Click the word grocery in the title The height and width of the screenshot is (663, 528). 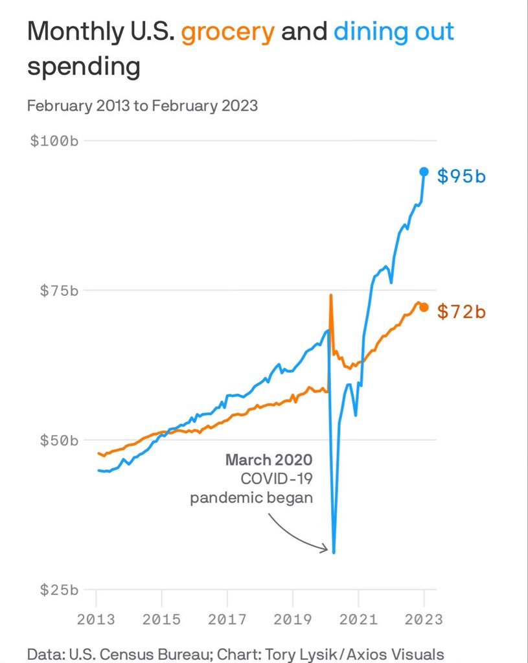coord(228,32)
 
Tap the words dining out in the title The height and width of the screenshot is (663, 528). coord(394,31)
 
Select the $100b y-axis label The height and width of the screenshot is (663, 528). coord(54,140)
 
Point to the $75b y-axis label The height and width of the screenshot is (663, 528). coord(59,291)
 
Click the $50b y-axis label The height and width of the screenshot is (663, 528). coord(59,440)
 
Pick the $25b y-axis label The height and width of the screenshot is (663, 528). coord(59,590)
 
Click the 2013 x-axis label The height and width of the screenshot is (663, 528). coord(96,620)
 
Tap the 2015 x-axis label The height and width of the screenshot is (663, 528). coord(161,620)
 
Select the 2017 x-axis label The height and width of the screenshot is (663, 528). coord(227,620)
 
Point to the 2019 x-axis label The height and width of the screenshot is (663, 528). coord(293,620)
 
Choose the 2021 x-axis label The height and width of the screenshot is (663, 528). coord(358,620)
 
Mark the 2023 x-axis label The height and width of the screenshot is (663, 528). coord(424,620)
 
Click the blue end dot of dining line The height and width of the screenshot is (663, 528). coord(424,172)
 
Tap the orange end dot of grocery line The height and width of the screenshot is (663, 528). coord(424,308)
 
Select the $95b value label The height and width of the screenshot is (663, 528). coord(461,176)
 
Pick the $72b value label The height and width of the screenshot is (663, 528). coord(461,311)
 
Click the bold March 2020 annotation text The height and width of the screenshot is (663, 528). coord(269,460)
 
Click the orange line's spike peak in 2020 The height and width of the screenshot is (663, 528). coord(331,295)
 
